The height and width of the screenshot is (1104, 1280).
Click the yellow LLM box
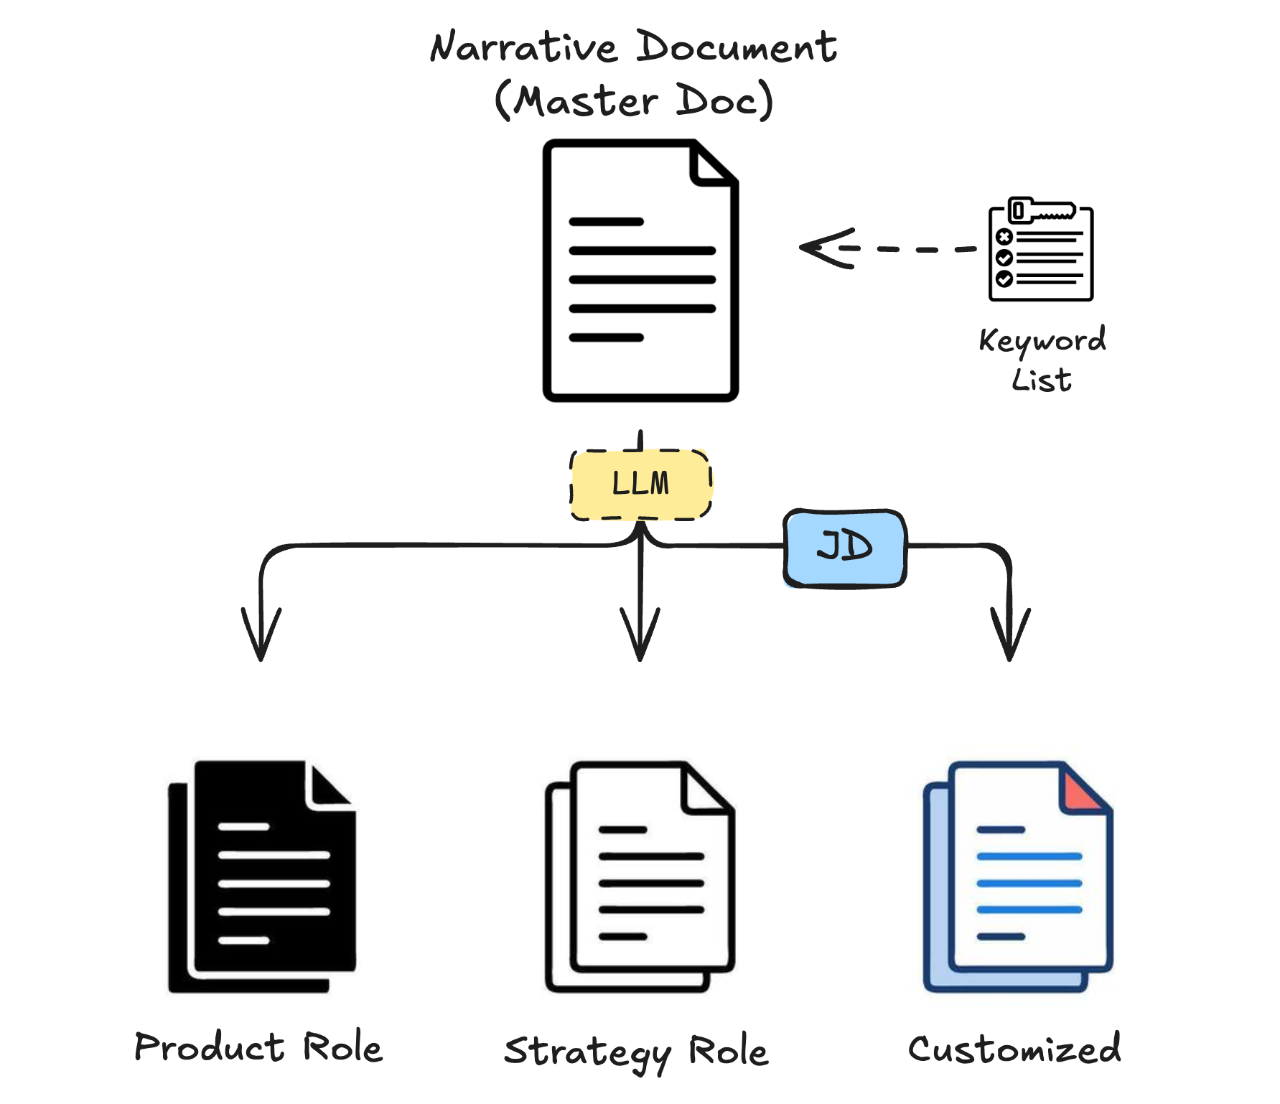(x=641, y=483)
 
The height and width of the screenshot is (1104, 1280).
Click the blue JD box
(x=845, y=548)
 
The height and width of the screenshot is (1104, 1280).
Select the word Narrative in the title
(x=523, y=47)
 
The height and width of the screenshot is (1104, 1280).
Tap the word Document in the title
(x=737, y=47)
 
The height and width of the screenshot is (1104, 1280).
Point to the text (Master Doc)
(x=634, y=100)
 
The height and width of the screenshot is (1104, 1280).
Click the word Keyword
(x=1042, y=340)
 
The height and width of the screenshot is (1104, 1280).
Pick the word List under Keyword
(x=1042, y=380)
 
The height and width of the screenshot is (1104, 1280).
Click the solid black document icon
(x=262, y=876)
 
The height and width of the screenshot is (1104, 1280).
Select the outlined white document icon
(x=640, y=876)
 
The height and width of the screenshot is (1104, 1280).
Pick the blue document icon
(x=1017, y=876)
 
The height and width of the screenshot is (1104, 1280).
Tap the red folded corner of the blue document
(x=1081, y=792)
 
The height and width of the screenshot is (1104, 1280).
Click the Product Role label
(x=258, y=1047)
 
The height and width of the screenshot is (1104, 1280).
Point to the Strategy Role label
(x=636, y=1052)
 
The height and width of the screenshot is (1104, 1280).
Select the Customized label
(x=1014, y=1049)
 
